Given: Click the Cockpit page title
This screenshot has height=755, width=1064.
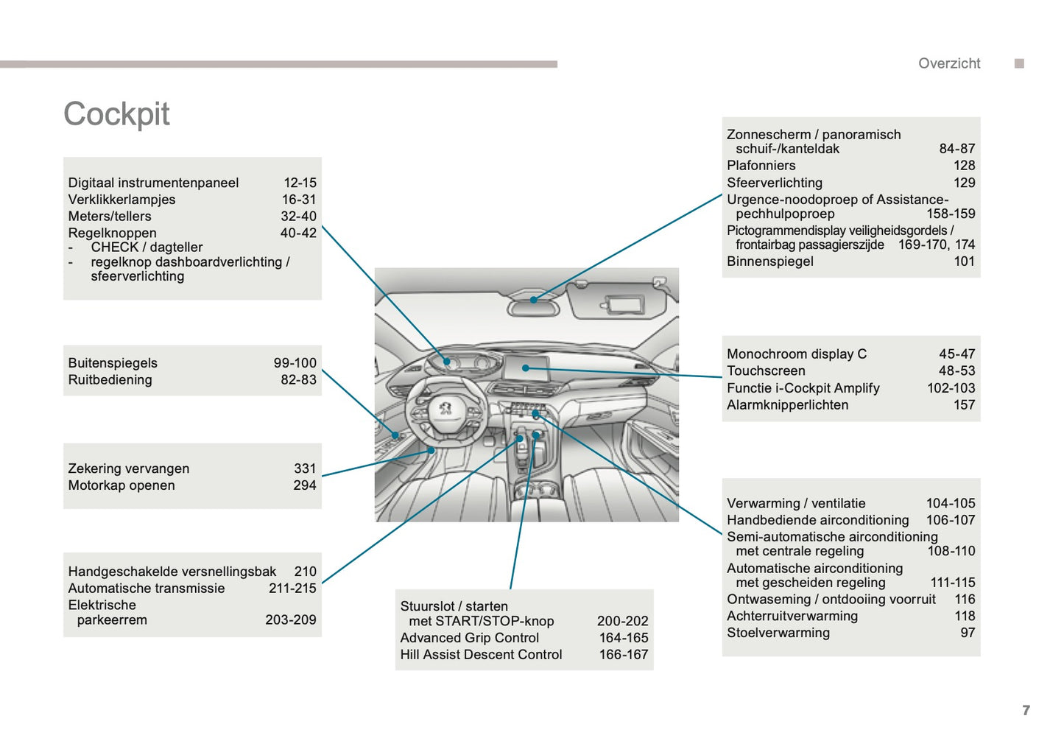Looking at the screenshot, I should [116, 114].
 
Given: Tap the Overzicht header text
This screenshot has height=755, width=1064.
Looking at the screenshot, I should [948, 63].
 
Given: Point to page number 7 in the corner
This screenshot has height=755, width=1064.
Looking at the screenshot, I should [1026, 710].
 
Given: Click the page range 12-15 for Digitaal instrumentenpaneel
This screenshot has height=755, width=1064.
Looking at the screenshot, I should [300, 183].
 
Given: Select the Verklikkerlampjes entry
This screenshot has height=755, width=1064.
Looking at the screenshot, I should [121, 200].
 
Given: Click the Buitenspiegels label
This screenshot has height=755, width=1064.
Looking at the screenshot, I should [113, 363].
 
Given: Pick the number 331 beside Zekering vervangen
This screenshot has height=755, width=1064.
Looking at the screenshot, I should [305, 468].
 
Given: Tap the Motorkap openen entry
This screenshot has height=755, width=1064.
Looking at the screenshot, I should [121, 485].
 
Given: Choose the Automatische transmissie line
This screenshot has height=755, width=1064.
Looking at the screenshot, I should [147, 589].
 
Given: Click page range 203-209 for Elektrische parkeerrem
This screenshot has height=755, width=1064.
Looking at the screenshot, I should [291, 620].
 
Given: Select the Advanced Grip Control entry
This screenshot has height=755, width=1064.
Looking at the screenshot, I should [470, 638].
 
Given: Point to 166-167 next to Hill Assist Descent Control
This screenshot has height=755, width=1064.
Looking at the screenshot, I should [624, 655].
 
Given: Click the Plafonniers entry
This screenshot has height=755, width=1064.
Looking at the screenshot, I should [761, 166].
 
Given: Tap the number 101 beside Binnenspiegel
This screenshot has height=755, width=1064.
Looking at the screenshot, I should [964, 261].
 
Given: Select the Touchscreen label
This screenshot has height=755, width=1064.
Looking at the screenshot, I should [766, 371].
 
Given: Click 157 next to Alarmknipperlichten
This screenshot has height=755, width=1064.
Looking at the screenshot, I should [964, 405].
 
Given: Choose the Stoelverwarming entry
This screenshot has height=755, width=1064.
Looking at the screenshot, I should [778, 633].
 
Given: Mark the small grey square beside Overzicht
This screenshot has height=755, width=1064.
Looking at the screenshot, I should [1019, 63].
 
